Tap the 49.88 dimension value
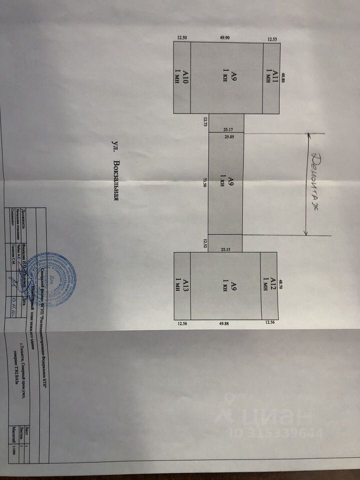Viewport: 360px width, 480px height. pyautogui.click(x=224, y=323)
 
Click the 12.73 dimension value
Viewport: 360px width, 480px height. pyautogui.click(x=205, y=121)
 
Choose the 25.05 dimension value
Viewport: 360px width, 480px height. pyautogui.click(x=229, y=135)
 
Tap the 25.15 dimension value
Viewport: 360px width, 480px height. pyautogui.click(x=225, y=246)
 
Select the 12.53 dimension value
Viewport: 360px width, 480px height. pyautogui.click(x=272, y=38)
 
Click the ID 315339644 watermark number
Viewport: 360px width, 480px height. pyautogui.click(x=277, y=432)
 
